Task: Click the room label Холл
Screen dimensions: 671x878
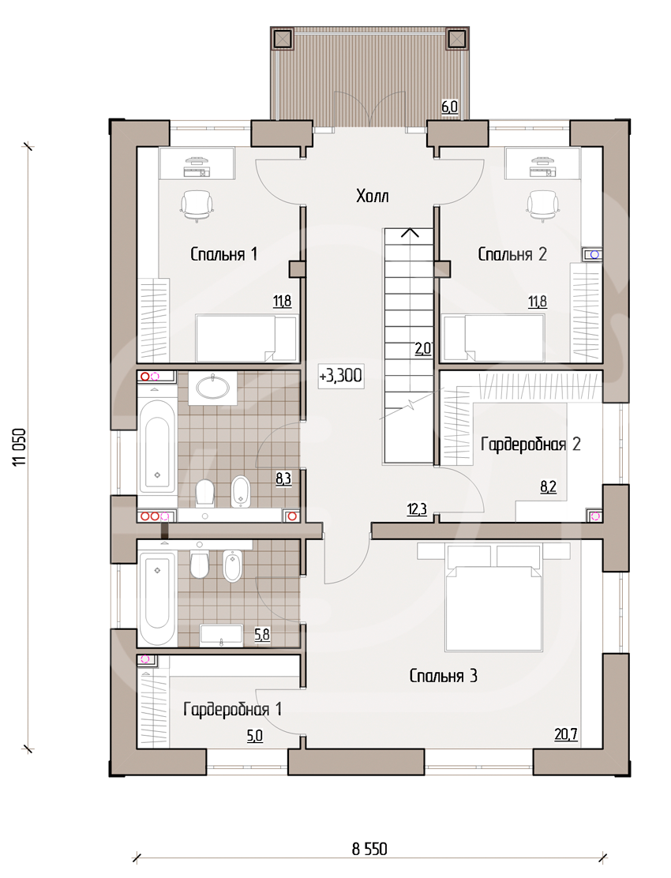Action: [372, 196]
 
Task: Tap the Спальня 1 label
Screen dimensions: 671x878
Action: [224, 254]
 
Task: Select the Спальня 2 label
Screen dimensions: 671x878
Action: [512, 254]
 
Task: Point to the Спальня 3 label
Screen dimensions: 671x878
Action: [443, 676]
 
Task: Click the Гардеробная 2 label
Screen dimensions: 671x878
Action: [530, 445]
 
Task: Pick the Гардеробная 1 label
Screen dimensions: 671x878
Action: [232, 710]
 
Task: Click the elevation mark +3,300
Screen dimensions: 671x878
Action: [340, 375]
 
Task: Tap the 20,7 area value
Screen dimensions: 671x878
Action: [566, 734]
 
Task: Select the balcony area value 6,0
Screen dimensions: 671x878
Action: [449, 107]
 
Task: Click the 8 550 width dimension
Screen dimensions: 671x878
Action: [369, 849]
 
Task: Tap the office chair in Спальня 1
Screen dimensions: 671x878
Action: [197, 206]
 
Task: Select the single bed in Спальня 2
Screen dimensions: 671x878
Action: [493, 338]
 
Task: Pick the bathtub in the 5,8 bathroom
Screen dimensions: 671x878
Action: [157, 598]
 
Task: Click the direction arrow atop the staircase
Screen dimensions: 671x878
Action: [410, 232]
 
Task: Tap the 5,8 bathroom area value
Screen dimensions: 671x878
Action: [262, 635]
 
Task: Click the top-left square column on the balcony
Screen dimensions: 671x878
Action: [282, 39]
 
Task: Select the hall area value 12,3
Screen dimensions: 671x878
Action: [417, 509]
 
